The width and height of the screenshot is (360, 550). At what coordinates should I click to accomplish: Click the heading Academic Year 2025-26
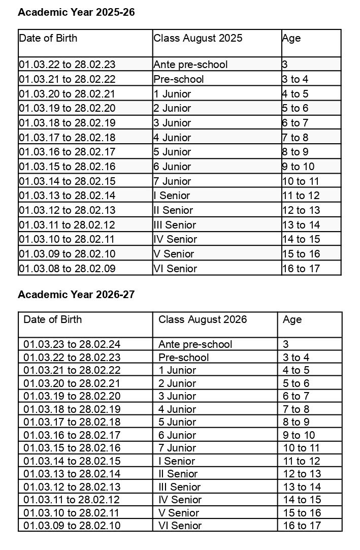pos(76,12)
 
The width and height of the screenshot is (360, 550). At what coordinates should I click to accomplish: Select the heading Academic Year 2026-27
pos(76,295)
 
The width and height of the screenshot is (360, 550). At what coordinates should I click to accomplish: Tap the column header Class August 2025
pos(198,38)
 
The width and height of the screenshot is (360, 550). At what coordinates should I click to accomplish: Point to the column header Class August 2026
pos(203,319)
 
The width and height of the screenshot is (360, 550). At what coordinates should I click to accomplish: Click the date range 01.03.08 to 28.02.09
pos(67,269)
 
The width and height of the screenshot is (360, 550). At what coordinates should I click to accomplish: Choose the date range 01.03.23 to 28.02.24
pos(72,344)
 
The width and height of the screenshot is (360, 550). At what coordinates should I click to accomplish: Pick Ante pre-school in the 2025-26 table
pos(190,64)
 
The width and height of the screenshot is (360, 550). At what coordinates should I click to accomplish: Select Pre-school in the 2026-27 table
pos(183,358)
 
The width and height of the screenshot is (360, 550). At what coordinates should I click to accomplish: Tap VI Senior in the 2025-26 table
pos(175,269)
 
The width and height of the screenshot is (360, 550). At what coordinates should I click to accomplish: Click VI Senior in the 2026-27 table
pos(180,526)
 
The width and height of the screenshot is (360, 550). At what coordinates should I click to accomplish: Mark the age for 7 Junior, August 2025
pos(301,181)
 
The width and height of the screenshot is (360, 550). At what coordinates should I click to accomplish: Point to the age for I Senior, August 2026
pos(302,461)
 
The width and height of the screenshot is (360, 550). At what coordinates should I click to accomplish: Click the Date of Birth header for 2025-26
pos(48,38)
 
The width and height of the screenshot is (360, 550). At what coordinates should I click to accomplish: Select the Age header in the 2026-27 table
pos(292,319)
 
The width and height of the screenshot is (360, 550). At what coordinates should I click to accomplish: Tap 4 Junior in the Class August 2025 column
pos(172,138)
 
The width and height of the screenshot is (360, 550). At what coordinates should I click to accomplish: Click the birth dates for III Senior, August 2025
pos(67,225)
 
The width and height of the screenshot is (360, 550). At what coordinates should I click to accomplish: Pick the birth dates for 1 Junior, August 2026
pos(72,371)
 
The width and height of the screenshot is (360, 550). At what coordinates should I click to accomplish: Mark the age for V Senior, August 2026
pos(302,513)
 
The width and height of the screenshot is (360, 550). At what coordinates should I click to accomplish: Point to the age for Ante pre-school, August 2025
pos(285,64)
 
